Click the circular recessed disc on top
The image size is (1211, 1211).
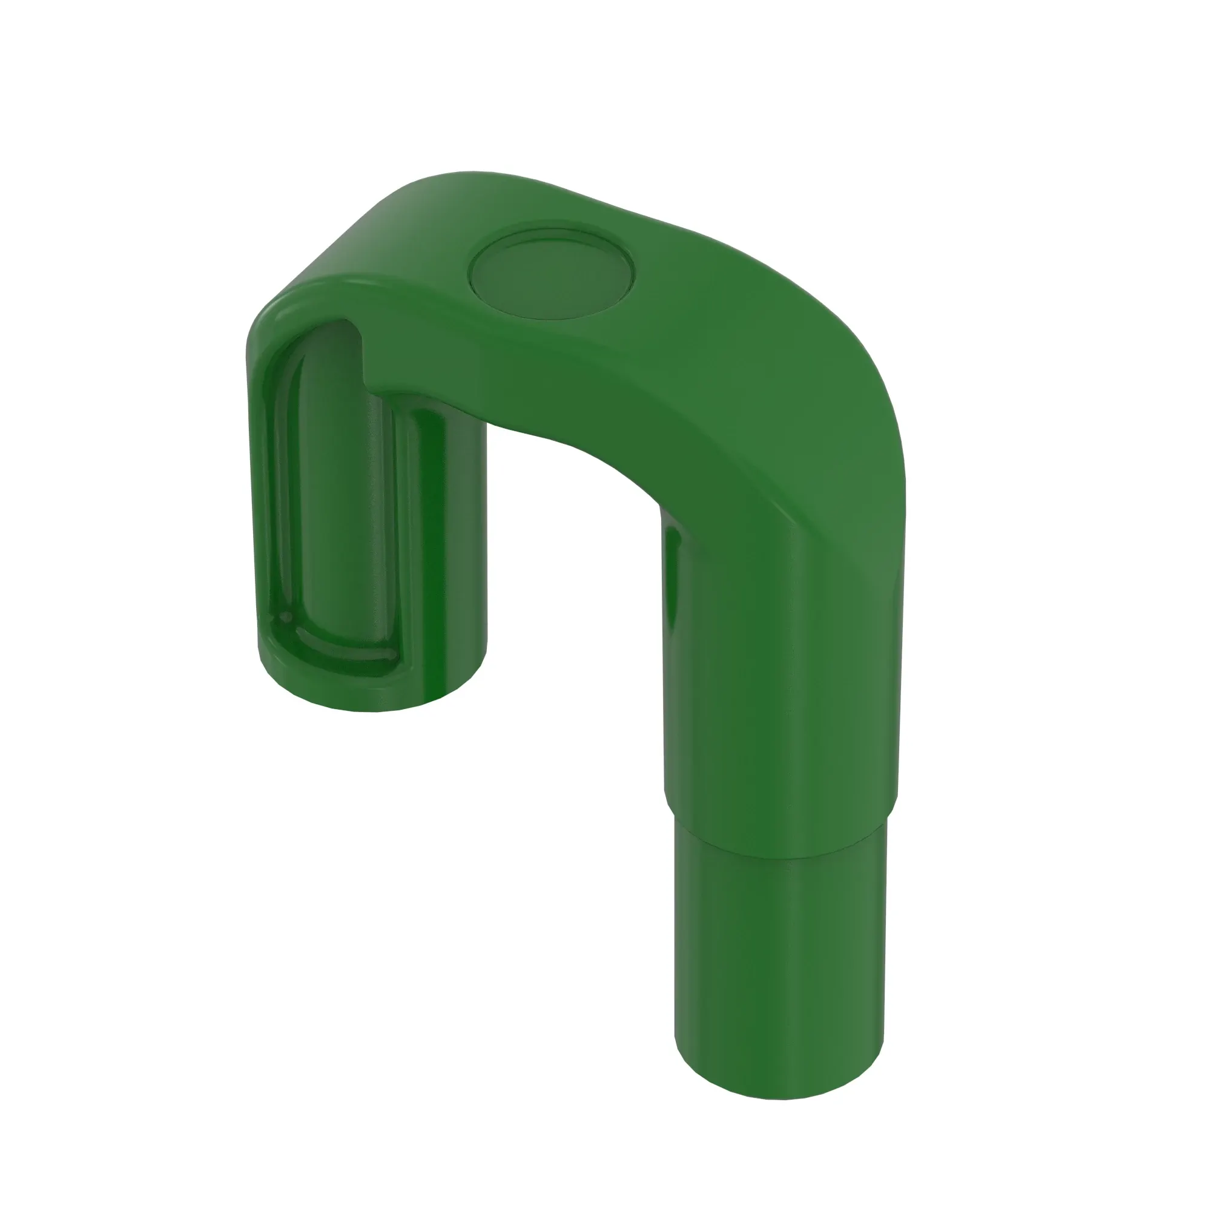pyautogui.click(x=552, y=274)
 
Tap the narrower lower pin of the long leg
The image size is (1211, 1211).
pyautogui.click(x=780, y=959)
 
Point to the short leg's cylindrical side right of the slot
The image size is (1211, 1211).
pyautogui.click(x=451, y=552)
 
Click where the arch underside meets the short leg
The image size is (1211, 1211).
pyautogui.click(x=486, y=426)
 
